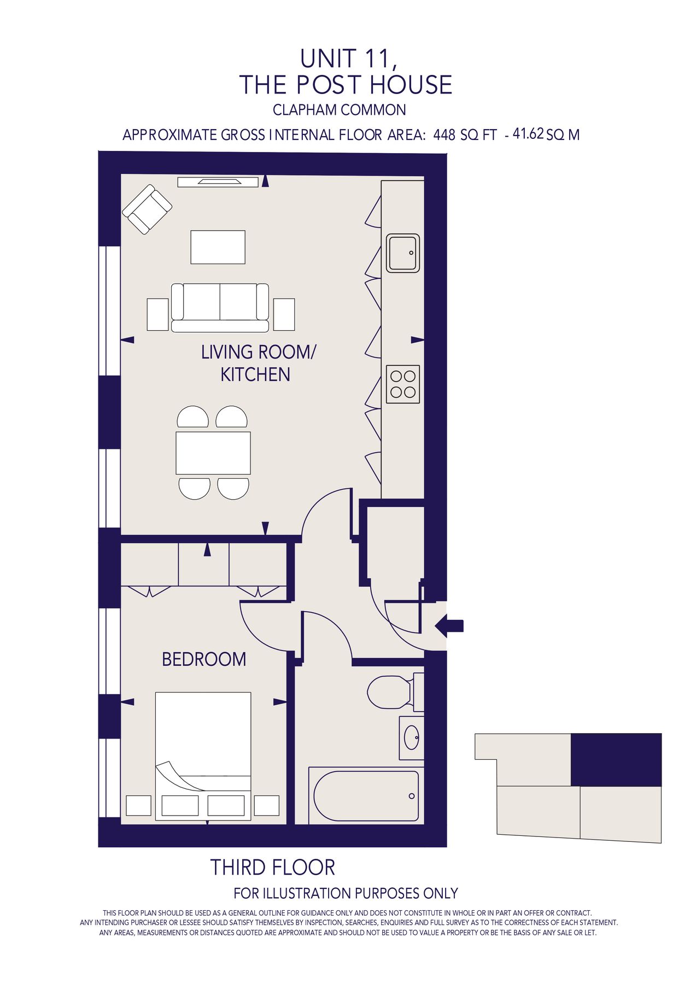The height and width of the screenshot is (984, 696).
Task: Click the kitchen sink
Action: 403,253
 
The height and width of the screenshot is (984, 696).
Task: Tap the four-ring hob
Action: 403,384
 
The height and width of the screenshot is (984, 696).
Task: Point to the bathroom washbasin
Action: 412,738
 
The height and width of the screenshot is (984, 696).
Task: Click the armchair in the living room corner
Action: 147,209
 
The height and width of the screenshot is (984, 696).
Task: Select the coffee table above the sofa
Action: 218,247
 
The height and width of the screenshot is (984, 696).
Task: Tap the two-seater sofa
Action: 220,308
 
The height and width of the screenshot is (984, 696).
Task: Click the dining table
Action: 213,453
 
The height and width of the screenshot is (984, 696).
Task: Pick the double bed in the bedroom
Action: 203,757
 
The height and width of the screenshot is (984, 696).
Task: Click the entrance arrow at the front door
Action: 449,625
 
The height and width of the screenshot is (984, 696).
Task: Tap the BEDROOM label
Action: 204,659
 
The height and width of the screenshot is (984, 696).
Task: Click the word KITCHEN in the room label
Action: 255,374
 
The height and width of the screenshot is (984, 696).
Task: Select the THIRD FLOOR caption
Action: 273,868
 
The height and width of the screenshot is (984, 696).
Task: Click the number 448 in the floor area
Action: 444,135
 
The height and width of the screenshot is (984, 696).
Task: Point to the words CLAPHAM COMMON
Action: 340,110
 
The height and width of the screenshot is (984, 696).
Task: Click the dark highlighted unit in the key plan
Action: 616,760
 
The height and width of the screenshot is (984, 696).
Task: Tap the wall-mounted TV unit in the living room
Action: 218,182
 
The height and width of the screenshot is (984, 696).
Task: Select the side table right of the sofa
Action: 284,314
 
